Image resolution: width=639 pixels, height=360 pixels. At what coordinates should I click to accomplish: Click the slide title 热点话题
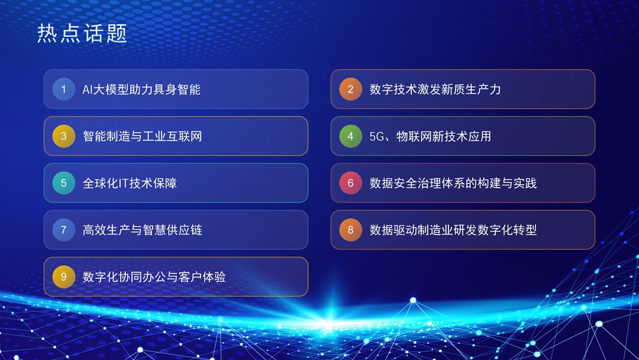point(82,33)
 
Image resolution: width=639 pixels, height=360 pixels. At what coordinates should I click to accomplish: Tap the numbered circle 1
point(63,89)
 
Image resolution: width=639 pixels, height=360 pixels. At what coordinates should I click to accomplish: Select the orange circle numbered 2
point(350,89)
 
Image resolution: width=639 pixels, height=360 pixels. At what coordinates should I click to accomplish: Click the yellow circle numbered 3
point(63,136)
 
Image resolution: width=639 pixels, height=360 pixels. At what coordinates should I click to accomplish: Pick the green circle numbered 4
point(350,136)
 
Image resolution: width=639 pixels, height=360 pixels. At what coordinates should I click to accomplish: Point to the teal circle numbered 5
point(63,183)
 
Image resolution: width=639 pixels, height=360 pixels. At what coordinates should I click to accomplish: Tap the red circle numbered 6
point(350,183)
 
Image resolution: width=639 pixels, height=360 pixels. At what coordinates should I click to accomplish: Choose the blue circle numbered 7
point(63,230)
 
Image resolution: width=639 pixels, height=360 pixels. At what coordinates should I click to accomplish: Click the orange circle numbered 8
point(350,230)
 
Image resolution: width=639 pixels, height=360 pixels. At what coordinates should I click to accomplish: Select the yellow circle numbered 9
point(63,277)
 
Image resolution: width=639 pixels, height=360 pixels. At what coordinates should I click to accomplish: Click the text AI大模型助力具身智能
point(141,89)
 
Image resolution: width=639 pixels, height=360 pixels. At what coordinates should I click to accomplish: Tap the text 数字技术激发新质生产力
point(435,89)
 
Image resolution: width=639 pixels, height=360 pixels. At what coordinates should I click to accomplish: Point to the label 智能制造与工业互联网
point(142,136)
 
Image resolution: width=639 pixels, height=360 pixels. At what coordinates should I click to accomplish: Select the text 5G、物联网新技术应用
point(430,136)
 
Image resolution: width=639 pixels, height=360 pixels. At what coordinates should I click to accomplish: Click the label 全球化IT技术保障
point(130,183)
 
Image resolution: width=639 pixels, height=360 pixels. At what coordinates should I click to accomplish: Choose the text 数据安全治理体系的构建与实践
point(453,183)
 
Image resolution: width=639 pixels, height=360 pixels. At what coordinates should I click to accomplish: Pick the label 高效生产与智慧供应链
point(142,230)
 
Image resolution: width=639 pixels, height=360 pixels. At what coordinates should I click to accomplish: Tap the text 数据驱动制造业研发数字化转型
point(453,230)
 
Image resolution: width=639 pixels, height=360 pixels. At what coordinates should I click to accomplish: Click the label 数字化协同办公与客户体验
point(154,277)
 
